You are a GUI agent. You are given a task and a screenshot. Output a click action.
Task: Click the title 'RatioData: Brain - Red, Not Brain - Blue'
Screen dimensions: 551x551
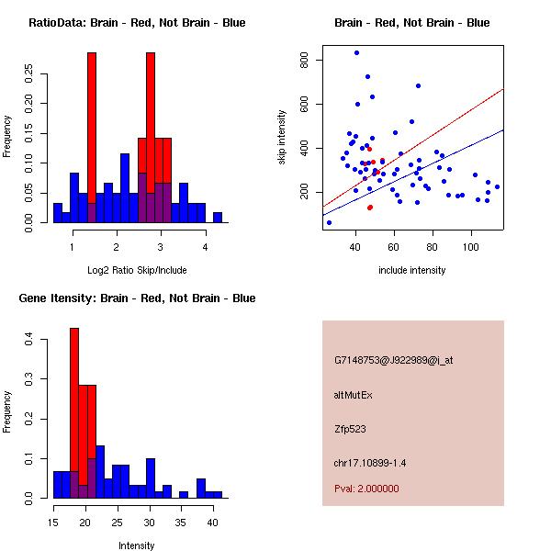click(137, 23)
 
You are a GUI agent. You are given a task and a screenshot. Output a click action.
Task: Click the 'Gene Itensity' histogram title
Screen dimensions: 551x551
click(137, 298)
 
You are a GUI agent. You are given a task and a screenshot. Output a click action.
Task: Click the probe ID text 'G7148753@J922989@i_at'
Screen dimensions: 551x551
click(394, 360)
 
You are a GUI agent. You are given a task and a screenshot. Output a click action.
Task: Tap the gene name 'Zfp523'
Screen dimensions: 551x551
click(350, 428)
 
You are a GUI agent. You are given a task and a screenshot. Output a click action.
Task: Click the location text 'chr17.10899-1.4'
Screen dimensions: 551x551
click(370, 462)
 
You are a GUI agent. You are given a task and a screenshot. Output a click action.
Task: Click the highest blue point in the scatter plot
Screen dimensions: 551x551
click(356, 52)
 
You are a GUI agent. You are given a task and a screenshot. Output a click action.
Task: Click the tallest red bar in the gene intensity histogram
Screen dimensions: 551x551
click(74, 413)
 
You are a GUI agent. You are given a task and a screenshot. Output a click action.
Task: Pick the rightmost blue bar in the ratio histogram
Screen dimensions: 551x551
click(218, 218)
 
